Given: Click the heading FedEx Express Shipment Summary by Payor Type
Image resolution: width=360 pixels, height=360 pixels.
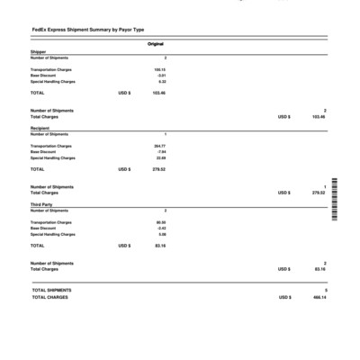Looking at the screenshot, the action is point(87,30).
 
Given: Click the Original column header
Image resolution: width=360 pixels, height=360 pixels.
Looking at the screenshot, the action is point(155,43).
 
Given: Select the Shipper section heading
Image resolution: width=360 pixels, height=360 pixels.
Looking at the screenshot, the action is point(39,52).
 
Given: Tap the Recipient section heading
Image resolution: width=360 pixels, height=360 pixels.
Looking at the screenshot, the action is point(40,129).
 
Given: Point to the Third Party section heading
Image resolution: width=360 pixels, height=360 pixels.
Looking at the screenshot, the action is point(41,205).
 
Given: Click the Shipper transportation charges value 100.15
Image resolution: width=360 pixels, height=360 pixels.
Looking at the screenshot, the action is point(159,68).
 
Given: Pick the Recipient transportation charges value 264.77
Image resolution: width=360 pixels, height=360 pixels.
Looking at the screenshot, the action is point(159,145).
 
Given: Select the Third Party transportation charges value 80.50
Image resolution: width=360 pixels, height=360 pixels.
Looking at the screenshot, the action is point(160,221).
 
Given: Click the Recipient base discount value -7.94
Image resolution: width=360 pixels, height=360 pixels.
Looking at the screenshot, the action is point(161,151).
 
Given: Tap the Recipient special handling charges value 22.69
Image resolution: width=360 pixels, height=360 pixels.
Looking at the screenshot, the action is point(160,157).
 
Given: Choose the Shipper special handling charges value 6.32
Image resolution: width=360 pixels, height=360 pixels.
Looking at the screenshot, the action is point(161,81).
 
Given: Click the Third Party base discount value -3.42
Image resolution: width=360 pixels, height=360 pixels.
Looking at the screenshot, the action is point(161,228).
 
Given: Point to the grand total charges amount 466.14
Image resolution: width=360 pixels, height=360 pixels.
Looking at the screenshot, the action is point(319,297).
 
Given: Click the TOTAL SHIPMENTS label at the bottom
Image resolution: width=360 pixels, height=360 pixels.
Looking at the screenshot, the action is point(51,290).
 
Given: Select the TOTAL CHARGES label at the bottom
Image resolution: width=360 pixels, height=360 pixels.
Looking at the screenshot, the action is point(49,297).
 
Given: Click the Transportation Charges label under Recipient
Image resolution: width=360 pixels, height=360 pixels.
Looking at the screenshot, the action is point(51,145).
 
